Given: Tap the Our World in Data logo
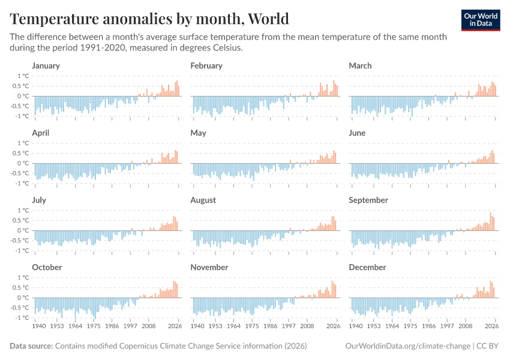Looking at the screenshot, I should (x=480, y=20).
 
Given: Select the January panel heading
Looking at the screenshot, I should (x=46, y=65).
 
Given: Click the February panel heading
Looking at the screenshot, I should (x=206, y=65).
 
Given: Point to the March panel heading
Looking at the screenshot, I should (x=360, y=65).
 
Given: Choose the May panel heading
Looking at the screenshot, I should (x=198, y=133).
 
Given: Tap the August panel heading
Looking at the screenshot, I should (x=203, y=200).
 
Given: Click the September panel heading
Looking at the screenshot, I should (x=368, y=200).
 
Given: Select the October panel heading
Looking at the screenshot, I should (x=47, y=267).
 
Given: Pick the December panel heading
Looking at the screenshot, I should (x=367, y=267).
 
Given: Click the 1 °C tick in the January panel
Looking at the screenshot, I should (x=23, y=76).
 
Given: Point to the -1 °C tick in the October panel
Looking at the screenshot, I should (x=22, y=318).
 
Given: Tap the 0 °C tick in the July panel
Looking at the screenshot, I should (x=23, y=230).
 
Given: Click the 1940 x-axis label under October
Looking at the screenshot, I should (x=40, y=327).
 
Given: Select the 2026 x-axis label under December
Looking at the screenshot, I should (x=492, y=327).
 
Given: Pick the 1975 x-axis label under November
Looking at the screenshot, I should (x=252, y=327).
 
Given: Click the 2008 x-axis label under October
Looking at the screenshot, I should (x=149, y=327).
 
